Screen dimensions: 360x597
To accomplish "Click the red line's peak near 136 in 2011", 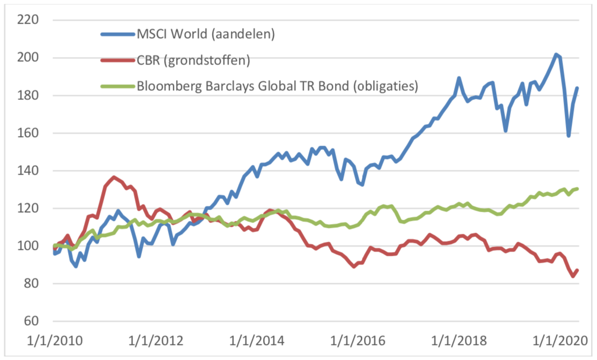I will pyautogui.click(x=113, y=177).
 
